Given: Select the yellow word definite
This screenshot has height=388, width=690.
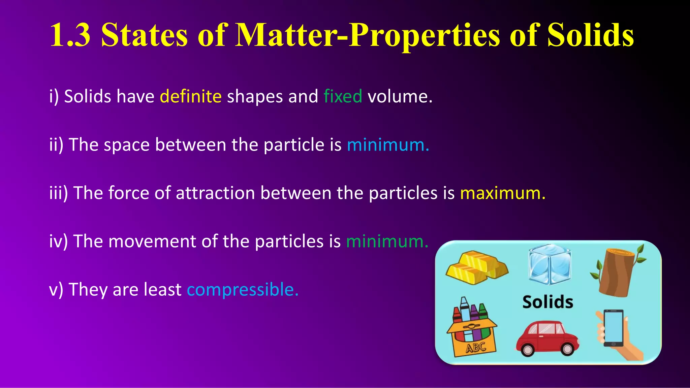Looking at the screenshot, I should (x=191, y=97).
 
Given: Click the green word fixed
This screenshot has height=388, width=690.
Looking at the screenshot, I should (x=343, y=97).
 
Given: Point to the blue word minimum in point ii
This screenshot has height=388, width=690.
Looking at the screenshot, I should (x=387, y=145).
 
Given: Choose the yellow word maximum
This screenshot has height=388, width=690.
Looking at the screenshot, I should (x=502, y=194).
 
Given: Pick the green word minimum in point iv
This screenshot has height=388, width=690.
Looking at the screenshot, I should (x=387, y=242).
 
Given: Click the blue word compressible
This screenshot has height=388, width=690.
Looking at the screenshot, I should (x=242, y=290).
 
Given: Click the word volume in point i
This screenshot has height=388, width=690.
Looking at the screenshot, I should (x=400, y=97).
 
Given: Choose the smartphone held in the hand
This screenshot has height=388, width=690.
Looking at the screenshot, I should (x=613, y=328).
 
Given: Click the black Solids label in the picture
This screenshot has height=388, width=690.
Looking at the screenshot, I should (x=547, y=302).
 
